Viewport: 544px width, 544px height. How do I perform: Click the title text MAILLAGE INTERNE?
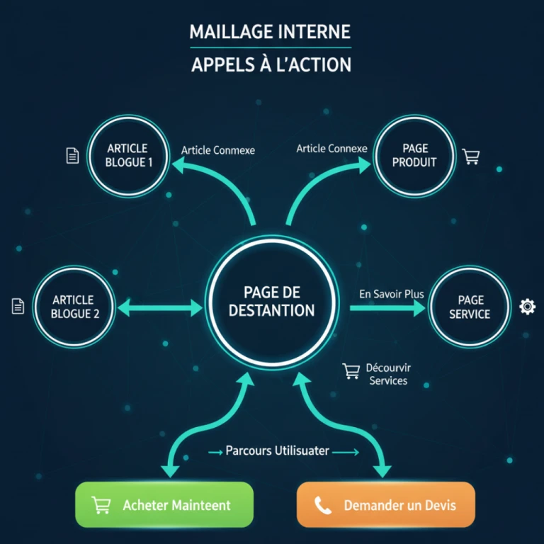click(270, 32)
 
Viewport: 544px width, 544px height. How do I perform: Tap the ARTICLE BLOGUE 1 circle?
click(128, 155)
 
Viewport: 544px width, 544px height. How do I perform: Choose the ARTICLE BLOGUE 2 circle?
click(73, 307)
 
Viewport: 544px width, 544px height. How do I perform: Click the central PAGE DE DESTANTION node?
click(272, 301)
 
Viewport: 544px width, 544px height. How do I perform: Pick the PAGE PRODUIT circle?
click(414, 155)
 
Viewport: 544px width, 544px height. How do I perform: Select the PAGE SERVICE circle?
click(470, 307)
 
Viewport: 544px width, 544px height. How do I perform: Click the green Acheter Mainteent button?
click(164, 505)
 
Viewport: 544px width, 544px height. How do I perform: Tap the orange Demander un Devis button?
click(385, 505)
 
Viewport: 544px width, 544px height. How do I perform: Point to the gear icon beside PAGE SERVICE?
click(528, 307)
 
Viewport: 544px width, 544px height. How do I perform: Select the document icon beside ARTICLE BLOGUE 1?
click(72, 156)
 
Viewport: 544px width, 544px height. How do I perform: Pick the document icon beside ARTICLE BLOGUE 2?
click(18, 306)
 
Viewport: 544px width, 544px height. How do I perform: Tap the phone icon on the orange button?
click(323, 506)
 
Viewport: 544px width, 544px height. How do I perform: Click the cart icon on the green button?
click(101, 506)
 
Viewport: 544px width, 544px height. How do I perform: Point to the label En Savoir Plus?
click(391, 293)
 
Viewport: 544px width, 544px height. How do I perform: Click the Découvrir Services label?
click(388, 375)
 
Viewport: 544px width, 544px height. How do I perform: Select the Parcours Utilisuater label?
click(277, 450)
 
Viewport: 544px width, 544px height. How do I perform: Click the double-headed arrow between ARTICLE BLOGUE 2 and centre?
click(160, 307)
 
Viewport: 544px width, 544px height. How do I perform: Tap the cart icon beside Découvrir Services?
click(351, 370)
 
